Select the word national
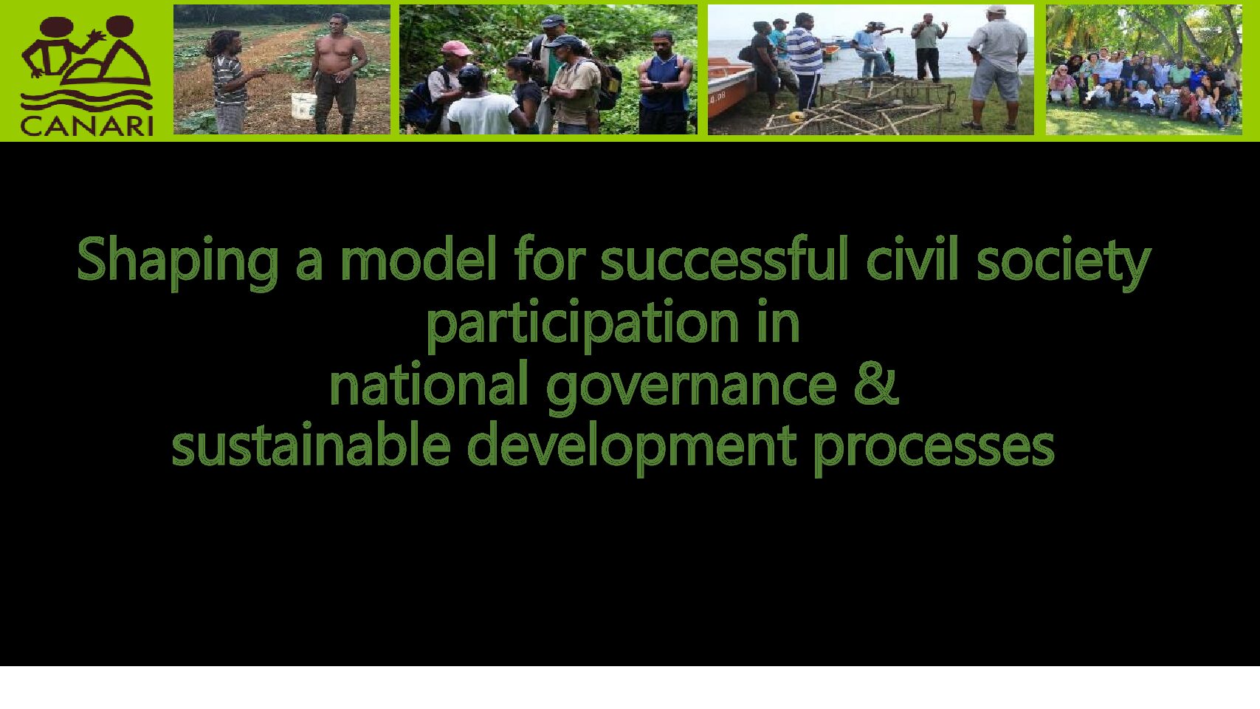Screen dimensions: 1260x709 [429, 384]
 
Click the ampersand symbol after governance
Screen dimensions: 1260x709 [876, 384]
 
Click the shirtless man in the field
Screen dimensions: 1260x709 [336, 74]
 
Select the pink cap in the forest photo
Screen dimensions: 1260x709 [456, 49]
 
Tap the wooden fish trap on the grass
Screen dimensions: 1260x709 [861, 107]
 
